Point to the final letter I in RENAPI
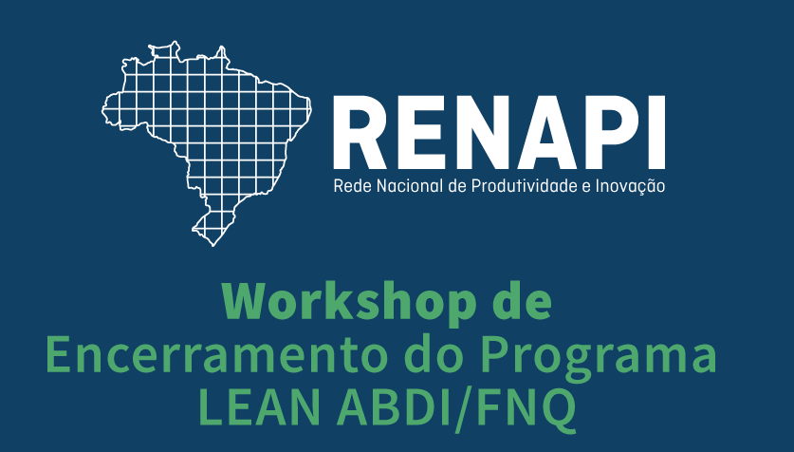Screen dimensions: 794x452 pos(656,132)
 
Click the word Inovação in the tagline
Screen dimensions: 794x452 pos(630,186)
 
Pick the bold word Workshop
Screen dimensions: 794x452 pos(349,303)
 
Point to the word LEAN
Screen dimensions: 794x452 pos(259,408)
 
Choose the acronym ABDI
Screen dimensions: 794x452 pos(394,408)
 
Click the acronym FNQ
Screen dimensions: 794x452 pos(526,409)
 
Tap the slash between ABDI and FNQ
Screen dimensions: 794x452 pos(464,410)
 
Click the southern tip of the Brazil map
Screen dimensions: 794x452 pos(213,246)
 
